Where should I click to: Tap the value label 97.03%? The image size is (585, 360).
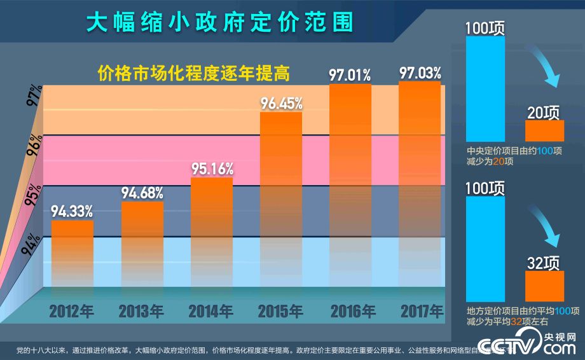click(420, 72)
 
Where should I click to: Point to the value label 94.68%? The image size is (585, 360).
click(142, 191)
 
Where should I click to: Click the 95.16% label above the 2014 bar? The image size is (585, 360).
click(212, 169)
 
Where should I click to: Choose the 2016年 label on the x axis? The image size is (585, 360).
click(352, 311)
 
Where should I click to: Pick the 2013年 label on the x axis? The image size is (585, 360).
click(142, 311)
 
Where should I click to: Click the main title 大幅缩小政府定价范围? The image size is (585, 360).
click(219, 22)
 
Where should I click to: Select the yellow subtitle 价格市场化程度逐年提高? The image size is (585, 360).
click(193, 74)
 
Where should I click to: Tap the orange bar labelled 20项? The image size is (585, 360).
click(544, 130)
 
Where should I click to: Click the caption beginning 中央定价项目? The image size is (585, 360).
click(514, 156)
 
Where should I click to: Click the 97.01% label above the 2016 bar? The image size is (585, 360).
click(350, 75)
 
